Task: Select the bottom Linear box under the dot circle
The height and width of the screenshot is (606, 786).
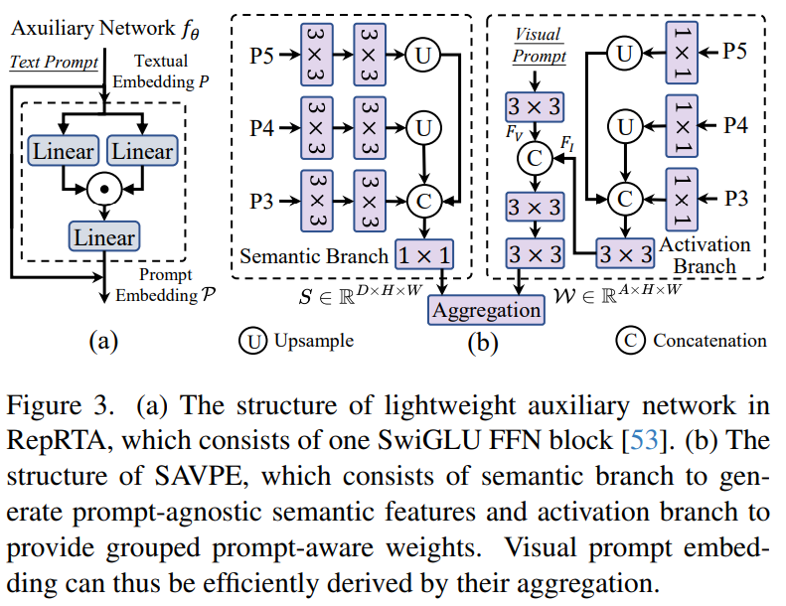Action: point(103,237)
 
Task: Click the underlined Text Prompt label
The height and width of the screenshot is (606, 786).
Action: point(54,62)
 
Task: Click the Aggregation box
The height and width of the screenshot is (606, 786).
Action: point(486,310)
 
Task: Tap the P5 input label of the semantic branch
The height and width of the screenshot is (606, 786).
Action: point(260,55)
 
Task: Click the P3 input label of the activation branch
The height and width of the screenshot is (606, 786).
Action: point(734,197)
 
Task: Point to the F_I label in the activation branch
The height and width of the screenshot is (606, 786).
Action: point(567,144)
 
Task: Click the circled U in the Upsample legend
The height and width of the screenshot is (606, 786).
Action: point(250,341)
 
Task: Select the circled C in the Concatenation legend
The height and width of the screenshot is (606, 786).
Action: point(629,341)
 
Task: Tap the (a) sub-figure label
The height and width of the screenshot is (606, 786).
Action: point(104,342)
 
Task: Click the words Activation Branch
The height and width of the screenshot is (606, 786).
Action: point(704,254)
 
